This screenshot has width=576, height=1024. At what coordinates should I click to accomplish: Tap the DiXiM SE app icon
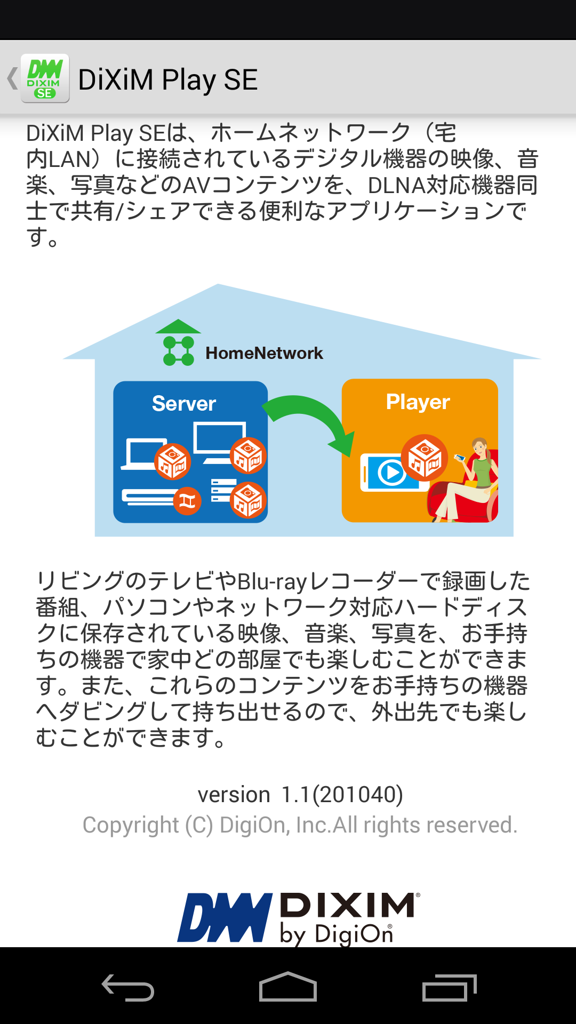45,78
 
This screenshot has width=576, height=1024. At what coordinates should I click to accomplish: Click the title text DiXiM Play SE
168,80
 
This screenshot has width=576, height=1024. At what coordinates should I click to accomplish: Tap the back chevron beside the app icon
12,78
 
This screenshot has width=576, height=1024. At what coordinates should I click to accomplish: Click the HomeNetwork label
264,353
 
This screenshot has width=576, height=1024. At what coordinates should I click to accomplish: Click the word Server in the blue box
184,404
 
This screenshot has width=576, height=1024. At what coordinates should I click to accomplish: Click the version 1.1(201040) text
300,795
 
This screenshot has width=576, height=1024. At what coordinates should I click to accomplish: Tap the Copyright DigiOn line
300,825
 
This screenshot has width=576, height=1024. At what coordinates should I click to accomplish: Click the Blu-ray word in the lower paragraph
272,581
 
